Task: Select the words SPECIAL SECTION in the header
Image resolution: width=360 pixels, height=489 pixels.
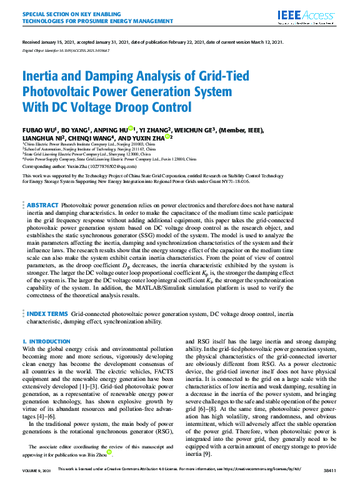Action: [x=44, y=12]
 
